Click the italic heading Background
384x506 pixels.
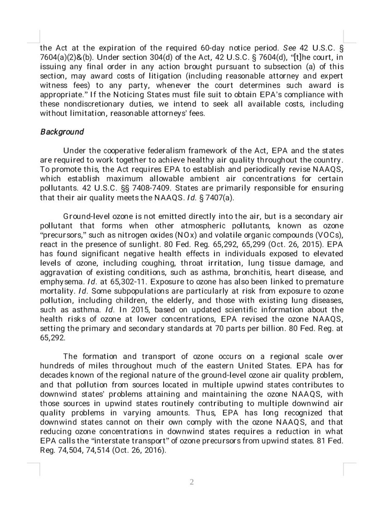point(62,132)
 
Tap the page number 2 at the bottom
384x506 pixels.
point(192,483)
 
